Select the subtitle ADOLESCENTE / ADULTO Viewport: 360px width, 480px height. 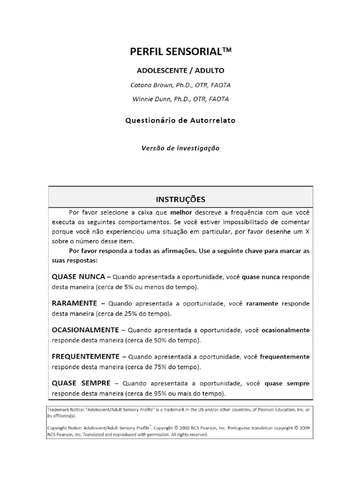coord(180,71)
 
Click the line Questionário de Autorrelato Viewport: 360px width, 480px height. coord(180,120)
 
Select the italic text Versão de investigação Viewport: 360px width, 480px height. coord(180,148)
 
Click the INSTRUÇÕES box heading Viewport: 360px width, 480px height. coord(180,199)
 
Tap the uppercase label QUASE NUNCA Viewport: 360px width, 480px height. coord(78,277)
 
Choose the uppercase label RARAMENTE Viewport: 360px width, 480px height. coord(75,303)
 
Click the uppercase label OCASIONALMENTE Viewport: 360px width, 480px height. coord(86,330)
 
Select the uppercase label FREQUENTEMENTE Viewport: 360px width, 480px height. coord(86,357)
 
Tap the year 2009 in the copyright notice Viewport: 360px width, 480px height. coord(302,428)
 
